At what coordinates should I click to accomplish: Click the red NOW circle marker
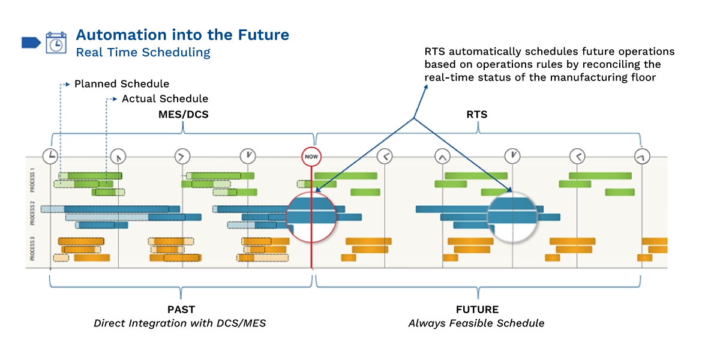tap(311, 157)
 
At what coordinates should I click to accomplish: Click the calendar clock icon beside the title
tap(56, 43)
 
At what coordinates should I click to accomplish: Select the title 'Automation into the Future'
tap(182, 35)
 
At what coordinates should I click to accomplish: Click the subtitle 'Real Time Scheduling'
tap(143, 53)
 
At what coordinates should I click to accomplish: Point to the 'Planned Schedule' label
tap(122, 84)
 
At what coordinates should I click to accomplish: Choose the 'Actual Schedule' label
tap(165, 98)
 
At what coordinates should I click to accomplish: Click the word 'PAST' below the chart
tap(181, 310)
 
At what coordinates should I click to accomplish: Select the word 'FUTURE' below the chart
tap(477, 310)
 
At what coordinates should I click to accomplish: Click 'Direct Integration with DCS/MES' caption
tap(179, 323)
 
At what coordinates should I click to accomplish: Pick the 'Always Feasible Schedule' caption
tap(476, 323)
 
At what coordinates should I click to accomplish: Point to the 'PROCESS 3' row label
tap(32, 249)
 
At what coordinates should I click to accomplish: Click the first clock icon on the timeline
tap(50, 157)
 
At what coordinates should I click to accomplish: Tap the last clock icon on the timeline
tap(642, 157)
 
